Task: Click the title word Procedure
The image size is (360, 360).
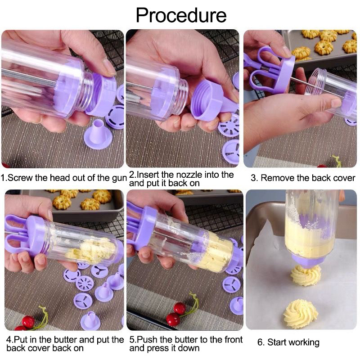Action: tap(181, 15)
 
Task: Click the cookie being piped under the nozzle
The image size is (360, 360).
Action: tap(306, 275)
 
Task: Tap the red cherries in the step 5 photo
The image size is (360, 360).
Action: tap(176, 313)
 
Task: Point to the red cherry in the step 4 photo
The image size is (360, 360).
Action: tap(28, 322)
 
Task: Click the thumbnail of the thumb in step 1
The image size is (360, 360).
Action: tap(108, 67)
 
